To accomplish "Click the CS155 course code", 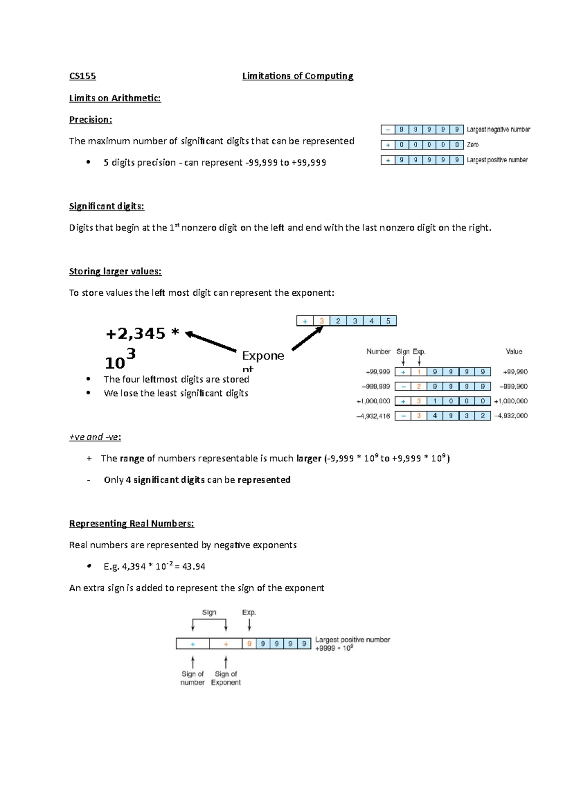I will (82, 76).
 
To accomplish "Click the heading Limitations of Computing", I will (297, 76).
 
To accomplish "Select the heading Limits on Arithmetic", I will (115, 98).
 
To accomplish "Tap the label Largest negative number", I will (498, 129).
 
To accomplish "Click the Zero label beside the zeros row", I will (472, 145).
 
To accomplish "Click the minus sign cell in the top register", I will (388, 129).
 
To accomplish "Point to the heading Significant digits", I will (106, 206).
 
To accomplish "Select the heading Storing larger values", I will (115, 271).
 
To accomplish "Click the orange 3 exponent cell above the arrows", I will (321, 321).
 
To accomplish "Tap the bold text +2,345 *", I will (142, 333).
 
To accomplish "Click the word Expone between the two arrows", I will (263, 356).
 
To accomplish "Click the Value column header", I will (513, 352).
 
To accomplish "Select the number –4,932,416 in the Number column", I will (373, 416).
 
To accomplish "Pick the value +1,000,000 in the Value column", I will (511, 401).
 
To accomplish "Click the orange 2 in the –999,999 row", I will (419, 386).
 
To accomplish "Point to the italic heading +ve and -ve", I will (95, 437).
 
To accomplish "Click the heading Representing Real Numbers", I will (132, 524).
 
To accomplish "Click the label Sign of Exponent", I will (225, 678).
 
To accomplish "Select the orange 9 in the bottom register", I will (249, 644).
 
